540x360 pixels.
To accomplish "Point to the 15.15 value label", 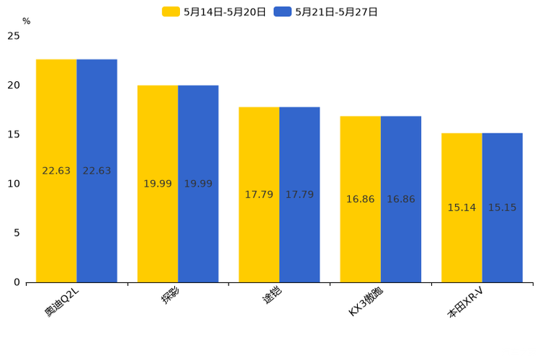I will pyautogui.click(x=502, y=208).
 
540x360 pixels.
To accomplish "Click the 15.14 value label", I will pyautogui.click(x=462, y=208).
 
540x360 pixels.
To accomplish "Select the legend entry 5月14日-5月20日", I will pyautogui.click(x=215, y=12).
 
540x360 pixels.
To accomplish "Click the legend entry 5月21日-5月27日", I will pyautogui.click(x=327, y=12).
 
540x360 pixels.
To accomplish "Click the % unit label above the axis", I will pyautogui.click(x=26, y=21).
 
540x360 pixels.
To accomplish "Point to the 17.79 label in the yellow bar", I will pyautogui.click(x=259, y=195).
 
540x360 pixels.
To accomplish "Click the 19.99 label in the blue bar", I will pyautogui.click(x=198, y=184).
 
